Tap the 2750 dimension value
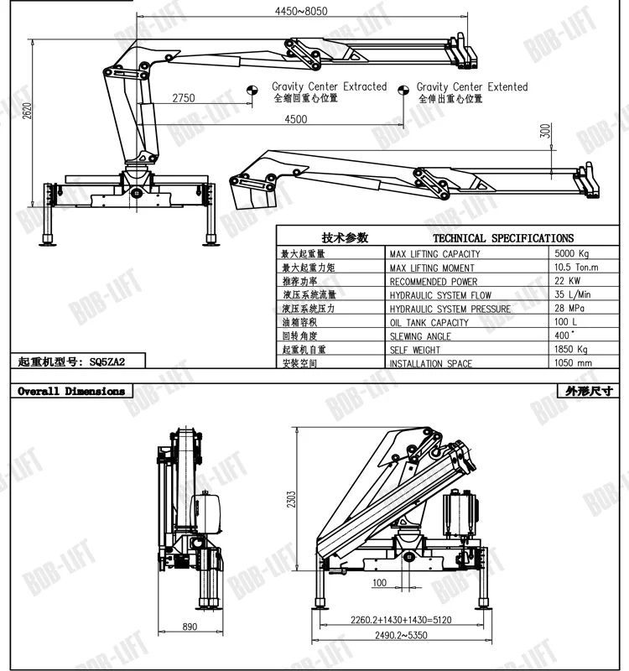click(x=184, y=98)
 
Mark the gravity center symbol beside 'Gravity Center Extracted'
click(x=252, y=91)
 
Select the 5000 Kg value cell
click(x=573, y=253)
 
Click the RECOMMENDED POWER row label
click(x=433, y=281)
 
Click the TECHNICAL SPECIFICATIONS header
click(x=503, y=238)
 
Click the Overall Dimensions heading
click(x=71, y=391)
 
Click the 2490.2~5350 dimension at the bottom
click(x=397, y=634)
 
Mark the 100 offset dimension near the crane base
click(x=380, y=582)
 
